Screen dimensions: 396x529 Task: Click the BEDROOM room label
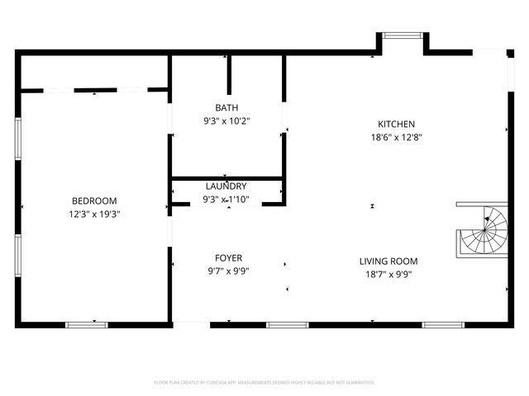point(94,200)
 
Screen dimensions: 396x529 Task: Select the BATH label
point(226,108)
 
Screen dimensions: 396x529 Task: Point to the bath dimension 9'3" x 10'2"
point(226,121)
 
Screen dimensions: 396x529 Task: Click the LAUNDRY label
point(226,186)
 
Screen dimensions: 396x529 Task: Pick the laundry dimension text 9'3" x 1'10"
point(226,199)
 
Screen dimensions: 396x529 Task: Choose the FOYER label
point(229,258)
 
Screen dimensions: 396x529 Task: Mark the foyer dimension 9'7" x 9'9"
point(229,271)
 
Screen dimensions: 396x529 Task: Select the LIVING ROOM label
point(388,262)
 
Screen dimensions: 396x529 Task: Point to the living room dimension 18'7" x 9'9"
point(388,275)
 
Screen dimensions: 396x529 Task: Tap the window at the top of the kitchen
point(402,35)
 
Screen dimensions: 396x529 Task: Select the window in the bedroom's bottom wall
point(87,324)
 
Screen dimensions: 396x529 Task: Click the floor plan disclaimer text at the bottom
point(264,383)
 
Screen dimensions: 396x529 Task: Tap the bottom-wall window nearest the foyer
point(287,324)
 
